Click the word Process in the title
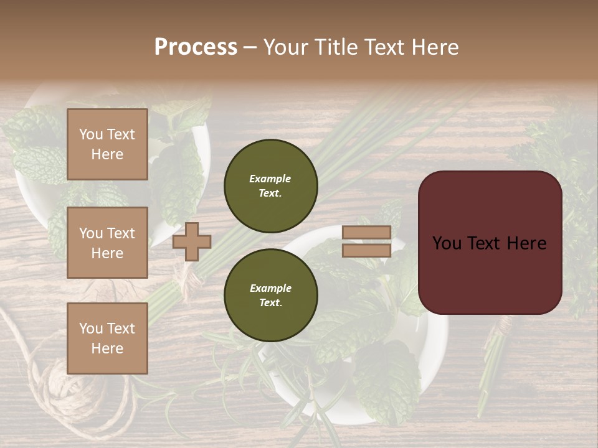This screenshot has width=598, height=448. click(x=196, y=47)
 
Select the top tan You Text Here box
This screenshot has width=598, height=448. click(x=107, y=144)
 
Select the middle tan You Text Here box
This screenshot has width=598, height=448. click(x=107, y=243)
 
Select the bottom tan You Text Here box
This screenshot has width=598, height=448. click(x=107, y=338)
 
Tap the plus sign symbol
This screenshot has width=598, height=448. click(x=192, y=241)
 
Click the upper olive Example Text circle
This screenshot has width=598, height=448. click(x=271, y=186)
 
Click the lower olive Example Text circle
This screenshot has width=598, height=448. click(x=271, y=296)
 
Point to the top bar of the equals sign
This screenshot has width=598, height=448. click(x=367, y=232)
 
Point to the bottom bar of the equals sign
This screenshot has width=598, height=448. click(x=367, y=251)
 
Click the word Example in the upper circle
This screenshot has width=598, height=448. click(x=270, y=179)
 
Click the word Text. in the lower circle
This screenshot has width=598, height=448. click(x=270, y=303)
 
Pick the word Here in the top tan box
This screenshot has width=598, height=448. click(x=107, y=154)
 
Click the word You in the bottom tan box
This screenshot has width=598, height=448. click(x=91, y=329)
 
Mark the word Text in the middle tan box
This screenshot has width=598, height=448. click(x=121, y=233)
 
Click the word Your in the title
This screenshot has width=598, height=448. click(x=288, y=47)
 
